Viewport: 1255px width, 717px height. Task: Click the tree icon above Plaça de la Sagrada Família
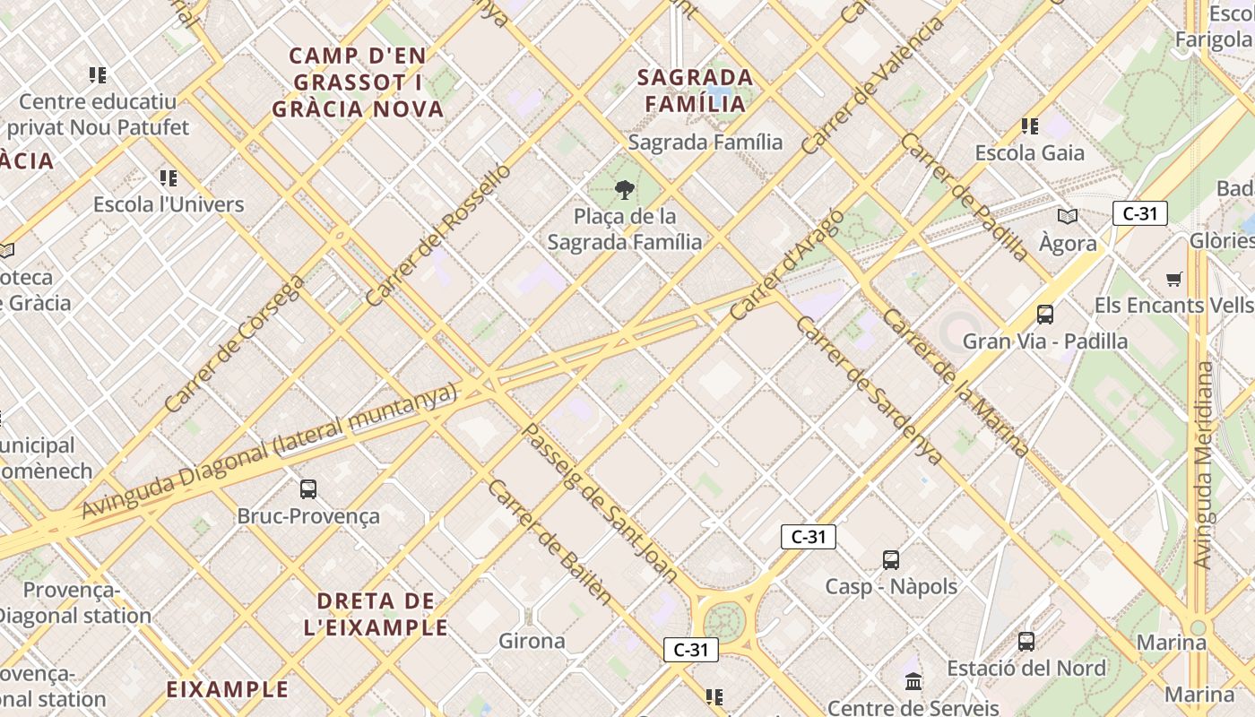(625, 190)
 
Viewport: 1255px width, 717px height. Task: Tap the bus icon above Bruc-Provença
(308, 489)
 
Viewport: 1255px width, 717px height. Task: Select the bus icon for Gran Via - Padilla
(1044, 315)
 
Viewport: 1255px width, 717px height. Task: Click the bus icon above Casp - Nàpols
(890, 560)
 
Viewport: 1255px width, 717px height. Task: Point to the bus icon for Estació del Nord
(1026, 642)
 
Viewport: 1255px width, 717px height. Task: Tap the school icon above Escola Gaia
(1030, 126)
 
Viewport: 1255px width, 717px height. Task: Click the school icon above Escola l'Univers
(168, 178)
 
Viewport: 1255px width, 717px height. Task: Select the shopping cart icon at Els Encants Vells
(1173, 280)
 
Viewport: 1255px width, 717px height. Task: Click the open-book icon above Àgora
(1067, 217)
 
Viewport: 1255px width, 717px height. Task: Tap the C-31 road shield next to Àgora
(1139, 213)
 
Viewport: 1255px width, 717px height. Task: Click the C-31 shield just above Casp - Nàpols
(808, 537)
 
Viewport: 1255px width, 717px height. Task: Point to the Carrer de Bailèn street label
(550, 542)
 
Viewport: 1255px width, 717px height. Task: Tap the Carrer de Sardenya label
(869, 390)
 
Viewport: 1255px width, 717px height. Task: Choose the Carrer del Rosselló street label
(438, 235)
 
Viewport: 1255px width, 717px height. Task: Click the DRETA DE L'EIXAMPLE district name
(376, 614)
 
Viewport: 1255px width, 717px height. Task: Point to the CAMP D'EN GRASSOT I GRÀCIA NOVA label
(358, 82)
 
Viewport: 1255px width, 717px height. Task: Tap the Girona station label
(532, 641)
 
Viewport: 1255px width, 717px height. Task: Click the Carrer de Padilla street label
(965, 197)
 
